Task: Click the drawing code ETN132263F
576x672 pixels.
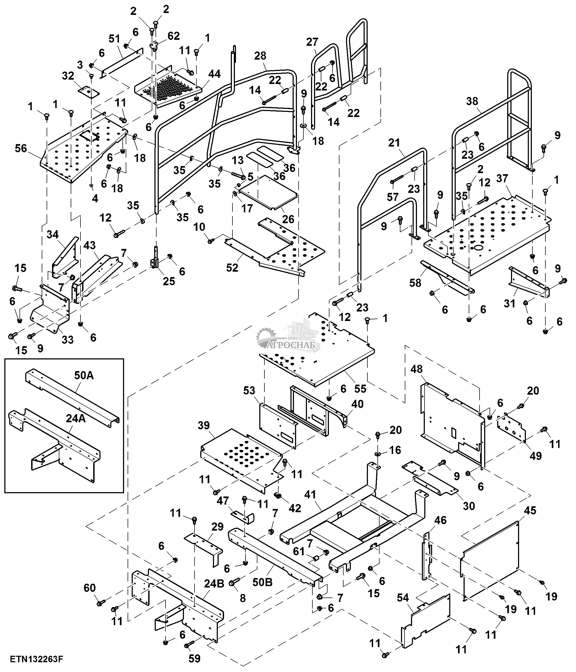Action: point(36,659)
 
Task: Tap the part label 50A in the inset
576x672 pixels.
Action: point(84,376)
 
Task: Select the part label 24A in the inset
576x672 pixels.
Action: point(76,419)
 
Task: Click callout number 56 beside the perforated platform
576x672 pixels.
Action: point(21,148)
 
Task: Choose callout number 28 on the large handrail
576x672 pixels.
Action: point(260,56)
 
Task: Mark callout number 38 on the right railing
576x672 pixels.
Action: point(472,101)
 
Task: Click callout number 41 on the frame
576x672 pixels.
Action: point(310,495)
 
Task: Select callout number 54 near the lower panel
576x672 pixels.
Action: point(403,598)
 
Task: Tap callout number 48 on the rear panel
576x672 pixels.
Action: point(417,369)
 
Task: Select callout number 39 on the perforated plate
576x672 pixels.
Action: point(204,425)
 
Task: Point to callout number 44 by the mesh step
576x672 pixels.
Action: point(214,74)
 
